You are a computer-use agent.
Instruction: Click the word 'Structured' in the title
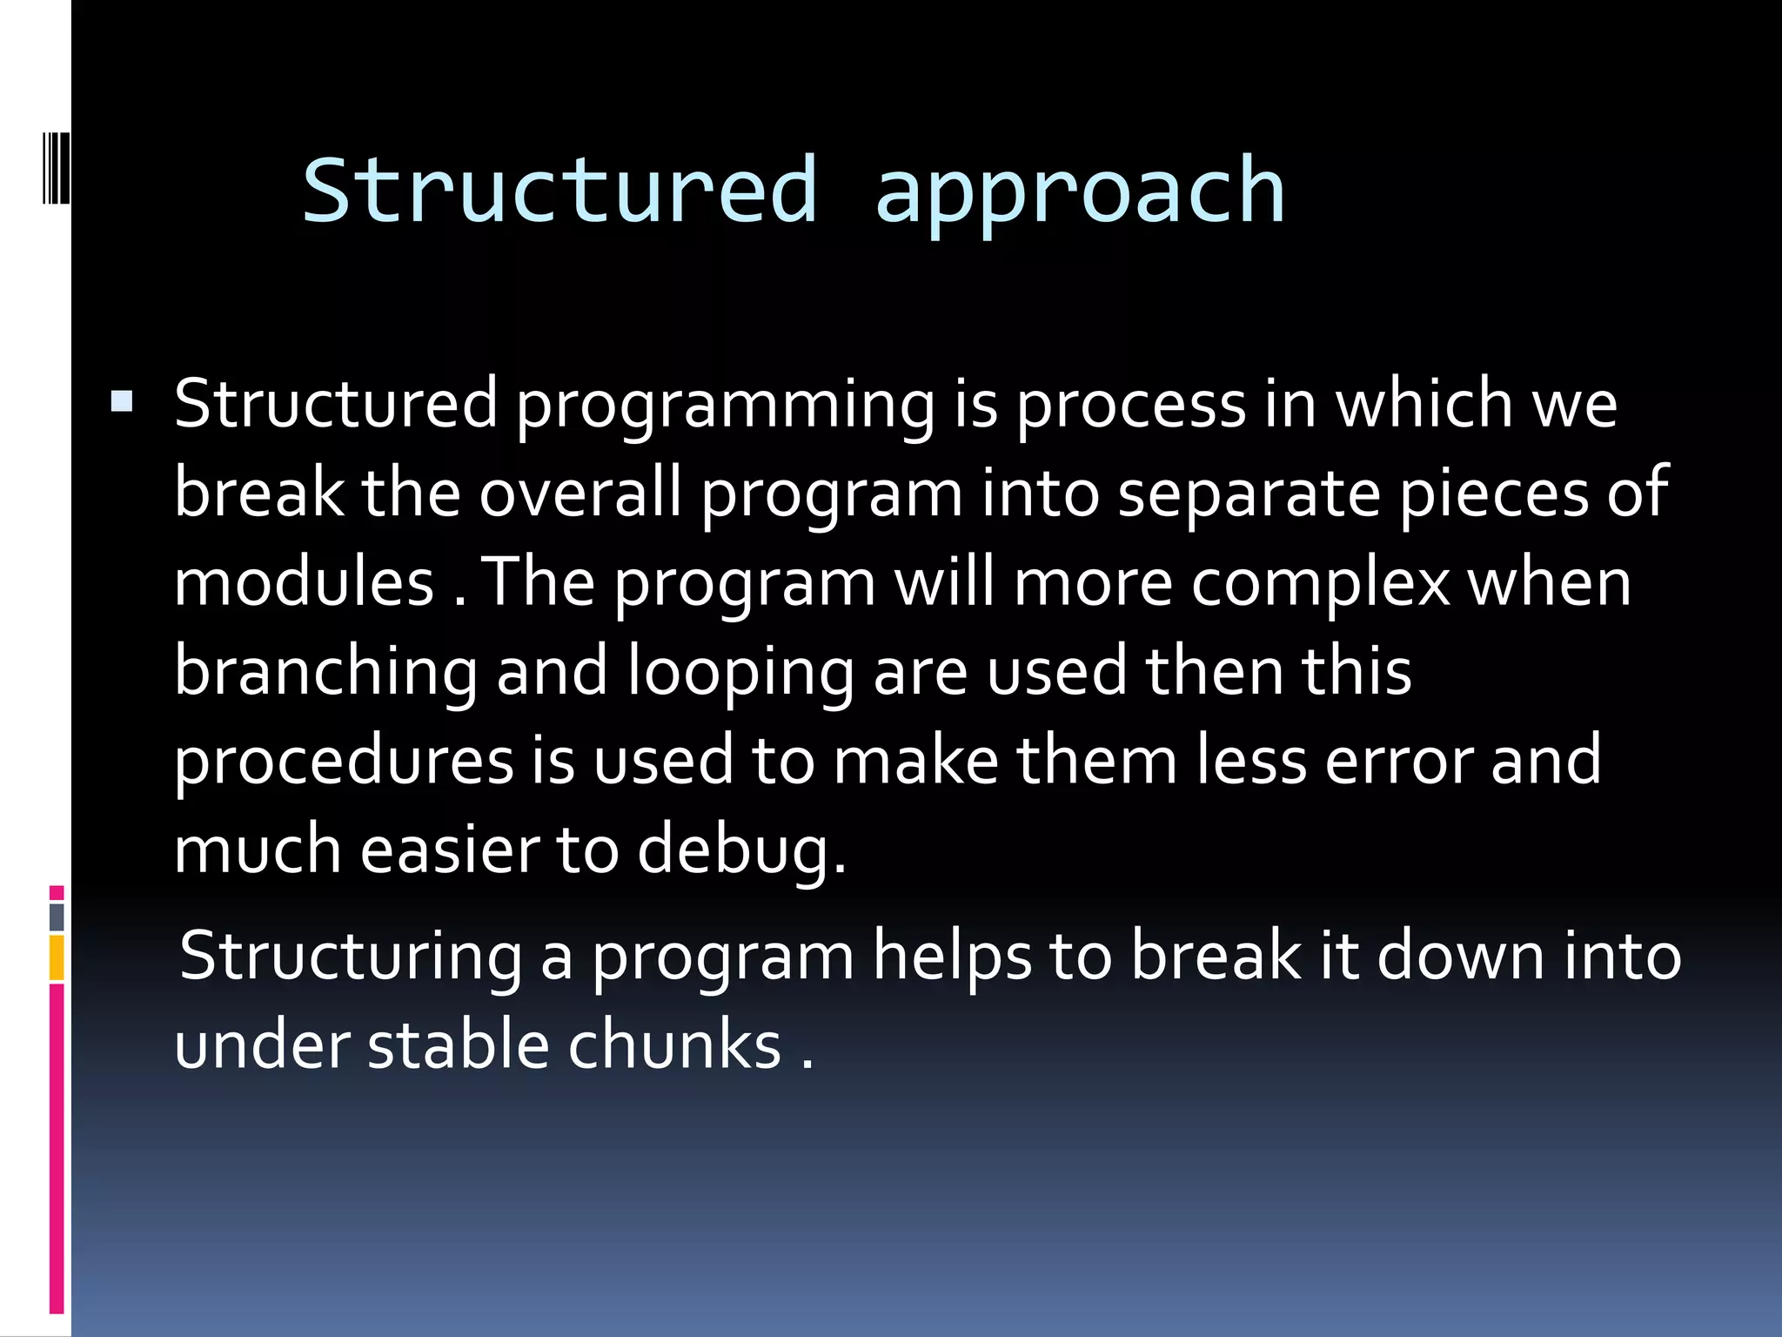coord(559,190)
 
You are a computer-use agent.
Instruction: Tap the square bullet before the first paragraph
coord(122,401)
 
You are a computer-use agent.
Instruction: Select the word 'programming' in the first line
coord(725,406)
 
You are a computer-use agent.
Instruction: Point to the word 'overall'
coord(580,494)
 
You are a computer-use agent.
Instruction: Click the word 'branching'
coord(325,673)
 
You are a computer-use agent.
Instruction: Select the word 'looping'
coord(740,673)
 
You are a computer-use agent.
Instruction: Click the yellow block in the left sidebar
coord(57,957)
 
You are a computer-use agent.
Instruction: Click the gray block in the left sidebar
coord(57,917)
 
